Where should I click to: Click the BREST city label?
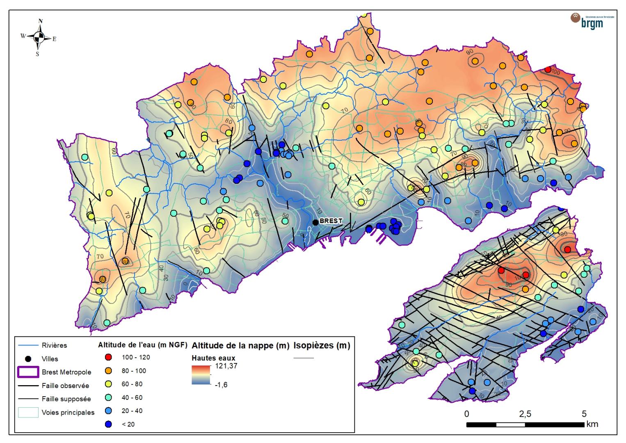tap(331, 221)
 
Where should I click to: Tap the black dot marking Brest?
tap(315, 222)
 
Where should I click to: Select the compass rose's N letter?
tap(40, 21)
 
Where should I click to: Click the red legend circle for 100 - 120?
tap(109, 357)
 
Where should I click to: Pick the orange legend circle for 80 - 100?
tap(109, 371)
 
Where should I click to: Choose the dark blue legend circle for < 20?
tap(109, 424)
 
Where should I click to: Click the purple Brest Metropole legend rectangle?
tap(28, 372)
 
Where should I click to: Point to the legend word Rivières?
tap(54, 345)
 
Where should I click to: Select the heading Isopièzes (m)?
tap(322, 345)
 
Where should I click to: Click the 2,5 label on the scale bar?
tap(525, 413)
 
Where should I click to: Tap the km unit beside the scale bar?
tap(592, 424)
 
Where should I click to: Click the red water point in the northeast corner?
tap(548, 69)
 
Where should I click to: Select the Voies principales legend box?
tap(28, 412)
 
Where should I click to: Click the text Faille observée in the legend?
tap(65, 386)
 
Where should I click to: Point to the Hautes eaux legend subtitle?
tap(213, 358)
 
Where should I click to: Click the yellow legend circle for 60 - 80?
tap(109, 384)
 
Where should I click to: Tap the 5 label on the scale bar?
tap(584, 413)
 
